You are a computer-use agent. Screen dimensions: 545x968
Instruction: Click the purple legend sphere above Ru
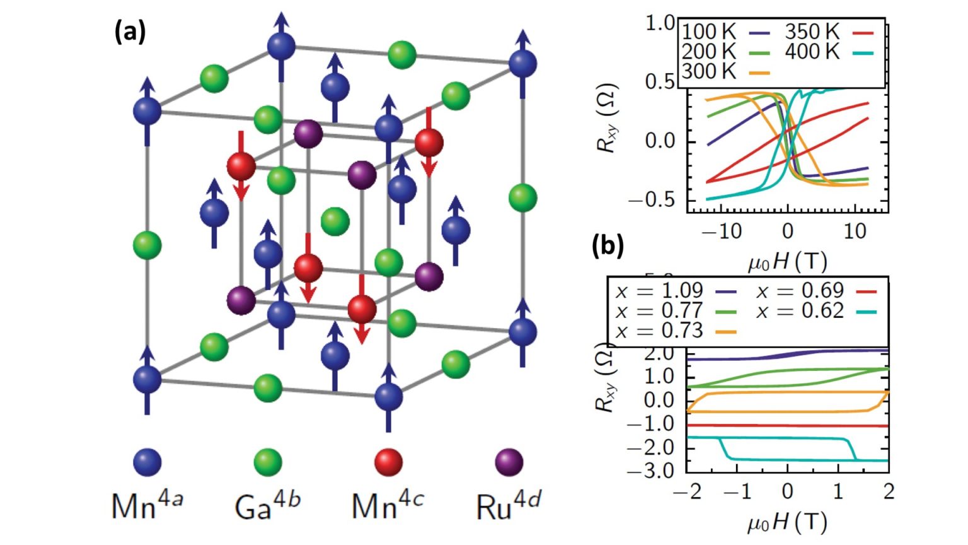tap(509, 462)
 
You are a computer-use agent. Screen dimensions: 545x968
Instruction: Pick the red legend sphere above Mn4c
tap(388, 462)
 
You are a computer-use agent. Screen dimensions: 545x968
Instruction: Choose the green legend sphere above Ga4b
tap(267, 462)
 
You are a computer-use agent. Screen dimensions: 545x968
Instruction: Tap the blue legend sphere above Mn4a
tap(147, 462)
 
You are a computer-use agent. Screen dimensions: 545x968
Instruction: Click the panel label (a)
tap(130, 31)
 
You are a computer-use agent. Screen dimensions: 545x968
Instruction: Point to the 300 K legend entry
tap(725, 72)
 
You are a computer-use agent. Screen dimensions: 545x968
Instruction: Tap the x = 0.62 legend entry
tap(815, 311)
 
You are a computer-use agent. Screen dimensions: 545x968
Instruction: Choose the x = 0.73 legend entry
tap(674, 331)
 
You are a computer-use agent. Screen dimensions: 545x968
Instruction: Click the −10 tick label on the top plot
tap(721, 231)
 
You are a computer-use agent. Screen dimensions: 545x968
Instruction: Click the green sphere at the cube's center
tap(335, 221)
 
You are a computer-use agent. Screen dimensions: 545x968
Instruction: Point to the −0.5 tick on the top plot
tap(652, 200)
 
